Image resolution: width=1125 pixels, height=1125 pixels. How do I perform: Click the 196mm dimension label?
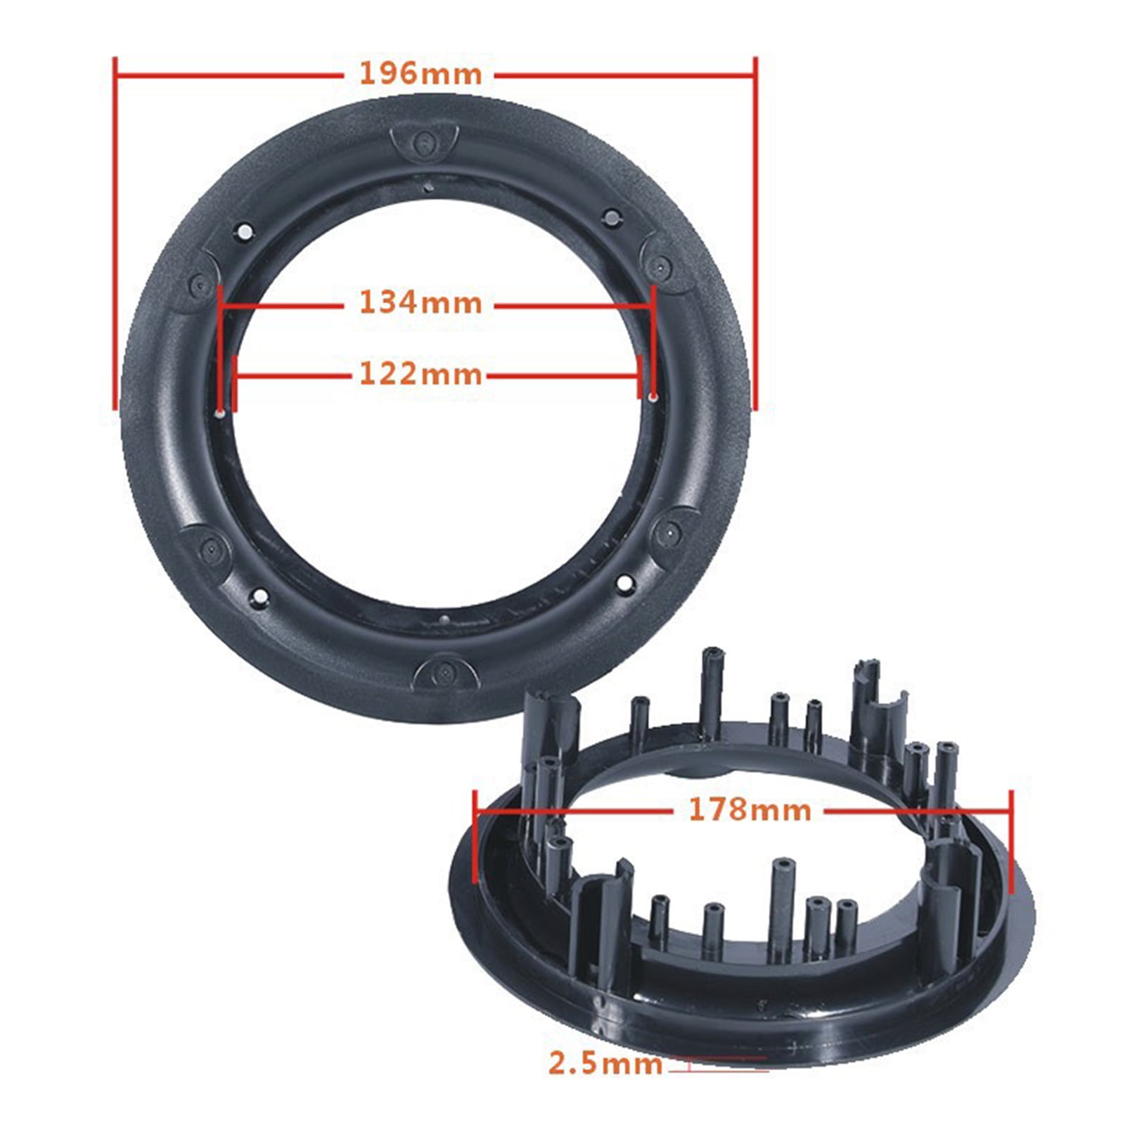420,74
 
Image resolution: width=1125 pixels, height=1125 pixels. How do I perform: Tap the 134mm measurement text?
420,303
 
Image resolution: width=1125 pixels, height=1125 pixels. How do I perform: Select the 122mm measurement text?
420,374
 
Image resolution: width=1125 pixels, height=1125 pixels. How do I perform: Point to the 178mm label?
750,810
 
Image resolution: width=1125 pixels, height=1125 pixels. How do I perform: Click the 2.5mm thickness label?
605,1064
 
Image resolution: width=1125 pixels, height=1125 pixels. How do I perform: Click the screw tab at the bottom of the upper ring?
446,672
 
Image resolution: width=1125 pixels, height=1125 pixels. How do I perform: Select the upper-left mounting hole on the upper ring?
245,231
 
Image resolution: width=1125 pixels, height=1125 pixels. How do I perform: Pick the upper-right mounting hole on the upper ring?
611,218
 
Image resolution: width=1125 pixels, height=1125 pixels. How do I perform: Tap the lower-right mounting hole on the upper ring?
624,582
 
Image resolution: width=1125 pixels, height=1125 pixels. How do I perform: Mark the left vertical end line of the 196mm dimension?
115,232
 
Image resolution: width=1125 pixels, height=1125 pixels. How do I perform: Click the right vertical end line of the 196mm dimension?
755,232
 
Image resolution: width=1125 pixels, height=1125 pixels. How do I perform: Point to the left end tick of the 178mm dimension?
476,837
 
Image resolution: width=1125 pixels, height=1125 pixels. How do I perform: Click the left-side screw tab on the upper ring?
200,285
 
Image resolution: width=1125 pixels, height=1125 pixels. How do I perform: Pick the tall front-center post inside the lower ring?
780,907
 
